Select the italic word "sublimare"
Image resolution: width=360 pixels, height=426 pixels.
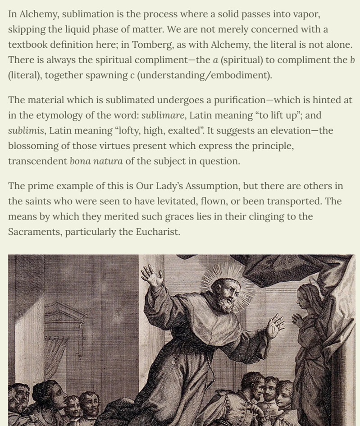pyautogui.click(x=162, y=115)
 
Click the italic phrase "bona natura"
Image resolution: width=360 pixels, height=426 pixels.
pyautogui.click(x=96, y=161)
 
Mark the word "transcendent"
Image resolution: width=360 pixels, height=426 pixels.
pyautogui.click(x=36, y=161)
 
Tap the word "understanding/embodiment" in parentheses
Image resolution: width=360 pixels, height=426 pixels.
pyautogui.click(x=204, y=75)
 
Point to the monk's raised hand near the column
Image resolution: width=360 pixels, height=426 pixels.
pyautogui.click(x=153, y=276)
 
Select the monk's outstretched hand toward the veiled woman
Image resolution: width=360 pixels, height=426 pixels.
pyautogui.click(x=274, y=325)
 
